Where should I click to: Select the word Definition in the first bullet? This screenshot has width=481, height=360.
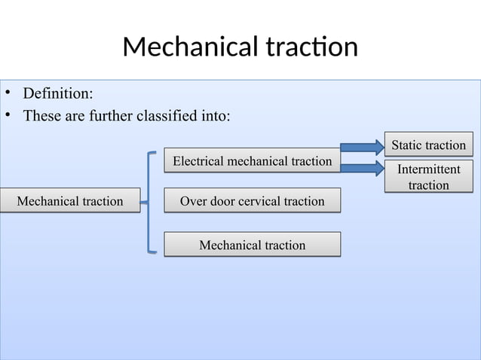point(58,94)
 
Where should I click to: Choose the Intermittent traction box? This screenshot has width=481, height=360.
point(428,177)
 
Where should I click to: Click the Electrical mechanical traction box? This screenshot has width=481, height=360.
point(252,161)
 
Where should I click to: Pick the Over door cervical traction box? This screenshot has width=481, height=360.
point(252,201)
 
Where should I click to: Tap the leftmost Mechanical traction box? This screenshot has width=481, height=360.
point(69,201)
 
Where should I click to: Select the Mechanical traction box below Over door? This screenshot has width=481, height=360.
point(252,245)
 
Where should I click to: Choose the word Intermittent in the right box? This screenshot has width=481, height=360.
point(429,170)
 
